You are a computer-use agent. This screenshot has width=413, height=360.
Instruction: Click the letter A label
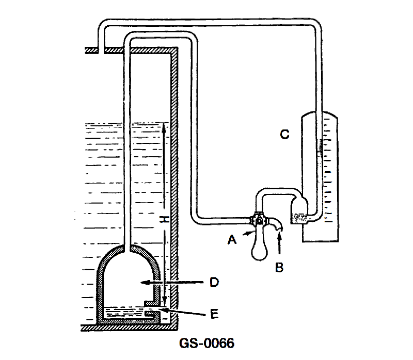click(x=232, y=240)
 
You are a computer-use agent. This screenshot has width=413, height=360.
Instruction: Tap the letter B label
click(x=279, y=267)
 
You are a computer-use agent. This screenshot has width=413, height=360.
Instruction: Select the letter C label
click(x=285, y=134)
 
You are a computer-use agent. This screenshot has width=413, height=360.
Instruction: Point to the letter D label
click(x=214, y=282)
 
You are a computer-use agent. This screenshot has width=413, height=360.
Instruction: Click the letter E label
click(x=214, y=314)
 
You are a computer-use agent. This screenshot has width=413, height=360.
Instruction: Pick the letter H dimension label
click(x=165, y=219)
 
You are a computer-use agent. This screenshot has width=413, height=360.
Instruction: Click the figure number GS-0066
click(x=206, y=343)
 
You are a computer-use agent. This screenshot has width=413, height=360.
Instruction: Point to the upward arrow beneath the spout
click(x=279, y=243)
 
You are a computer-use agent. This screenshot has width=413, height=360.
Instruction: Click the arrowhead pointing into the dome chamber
click(x=144, y=282)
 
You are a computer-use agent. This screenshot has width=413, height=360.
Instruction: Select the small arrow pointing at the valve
click(x=248, y=233)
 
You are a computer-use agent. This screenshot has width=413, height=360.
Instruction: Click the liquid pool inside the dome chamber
click(x=124, y=313)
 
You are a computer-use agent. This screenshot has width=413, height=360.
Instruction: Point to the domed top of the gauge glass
click(x=320, y=114)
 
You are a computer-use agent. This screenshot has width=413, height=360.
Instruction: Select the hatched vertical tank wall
click(x=174, y=188)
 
